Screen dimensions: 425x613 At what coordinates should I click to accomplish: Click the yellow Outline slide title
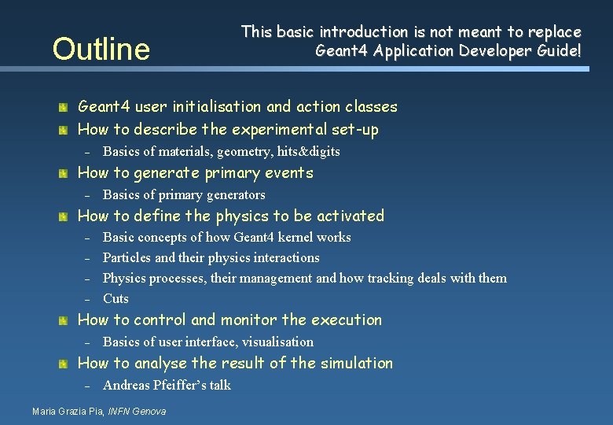coord(101,49)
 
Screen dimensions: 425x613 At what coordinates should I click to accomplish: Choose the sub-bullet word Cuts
coord(116,298)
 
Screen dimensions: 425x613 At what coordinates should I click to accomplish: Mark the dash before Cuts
coord(89,299)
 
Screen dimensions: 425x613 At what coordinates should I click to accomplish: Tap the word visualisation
coord(277,342)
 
